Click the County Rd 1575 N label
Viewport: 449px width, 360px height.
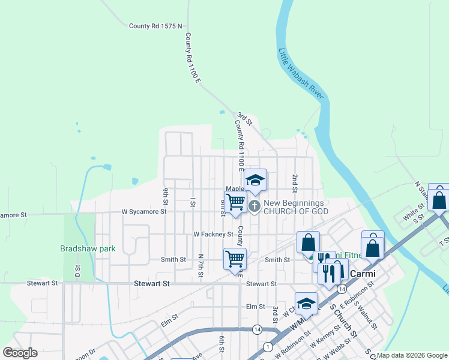[155, 26]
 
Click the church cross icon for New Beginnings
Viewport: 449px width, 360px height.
[254, 207]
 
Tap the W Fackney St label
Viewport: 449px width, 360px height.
[213, 234]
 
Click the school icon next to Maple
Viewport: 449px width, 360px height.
[255, 181]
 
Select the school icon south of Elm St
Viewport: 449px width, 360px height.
[306, 304]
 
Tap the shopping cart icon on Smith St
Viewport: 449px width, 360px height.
[235, 259]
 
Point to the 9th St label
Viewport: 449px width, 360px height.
[165, 196]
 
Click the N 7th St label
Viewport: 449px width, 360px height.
[201, 265]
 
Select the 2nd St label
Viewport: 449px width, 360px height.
[295, 179]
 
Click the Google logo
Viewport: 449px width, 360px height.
[20, 353]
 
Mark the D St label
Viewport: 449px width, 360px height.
[78, 271]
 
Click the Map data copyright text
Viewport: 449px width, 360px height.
[411, 355]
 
